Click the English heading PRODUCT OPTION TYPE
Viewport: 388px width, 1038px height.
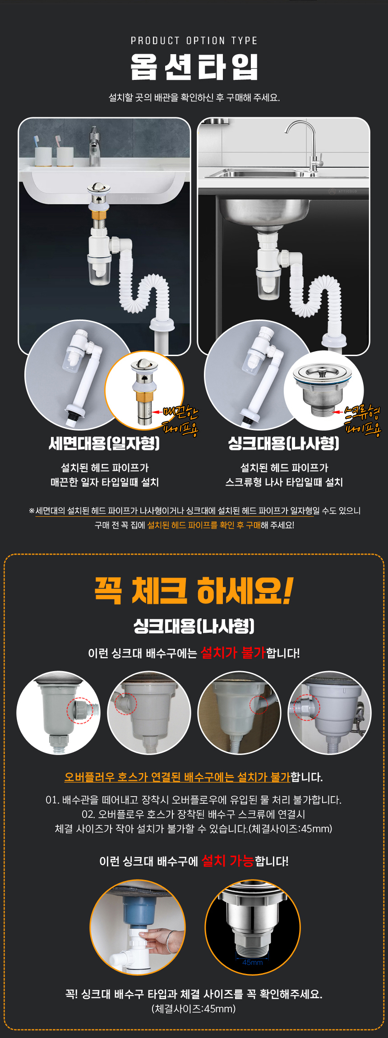[194, 41]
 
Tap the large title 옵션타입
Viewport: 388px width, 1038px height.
[194, 67]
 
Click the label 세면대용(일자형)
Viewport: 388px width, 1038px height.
[104, 443]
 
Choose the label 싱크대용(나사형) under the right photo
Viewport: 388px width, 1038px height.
[284, 443]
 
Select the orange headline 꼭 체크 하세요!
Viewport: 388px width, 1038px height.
[194, 590]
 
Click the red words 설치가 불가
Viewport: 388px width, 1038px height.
[233, 652]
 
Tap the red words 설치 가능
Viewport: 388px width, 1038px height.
[228, 861]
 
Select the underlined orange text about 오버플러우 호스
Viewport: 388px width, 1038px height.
[177, 777]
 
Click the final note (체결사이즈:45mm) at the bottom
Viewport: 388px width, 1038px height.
[194, 1008]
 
